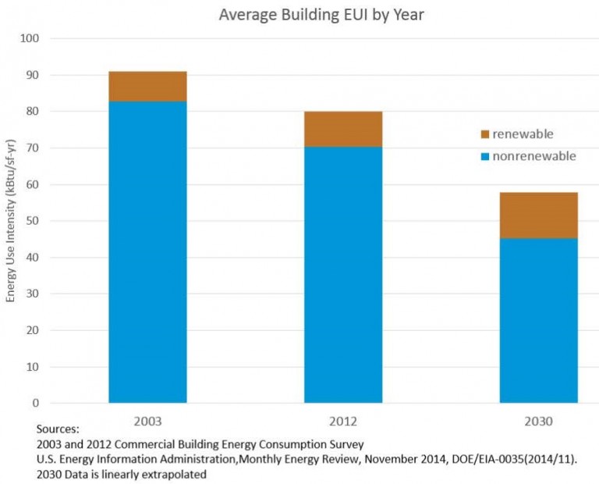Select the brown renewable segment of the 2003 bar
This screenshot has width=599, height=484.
(x=147, y=87)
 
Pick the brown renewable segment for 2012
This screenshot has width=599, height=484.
(x=343, y=129)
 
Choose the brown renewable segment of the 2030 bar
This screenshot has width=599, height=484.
(x=538, y=215)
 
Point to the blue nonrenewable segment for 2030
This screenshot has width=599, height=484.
(x=538, y=320)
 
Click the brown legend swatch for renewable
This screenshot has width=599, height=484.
(x=484, y=135)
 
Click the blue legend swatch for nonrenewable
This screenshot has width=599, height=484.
(x=484, y=157)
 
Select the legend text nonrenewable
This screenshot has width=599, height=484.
(x=534, y=156)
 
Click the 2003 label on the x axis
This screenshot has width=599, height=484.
(x=147, y=421)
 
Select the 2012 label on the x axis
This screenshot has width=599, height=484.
(x=343, y=421)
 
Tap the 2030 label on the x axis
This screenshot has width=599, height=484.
(x=538, y=421)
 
